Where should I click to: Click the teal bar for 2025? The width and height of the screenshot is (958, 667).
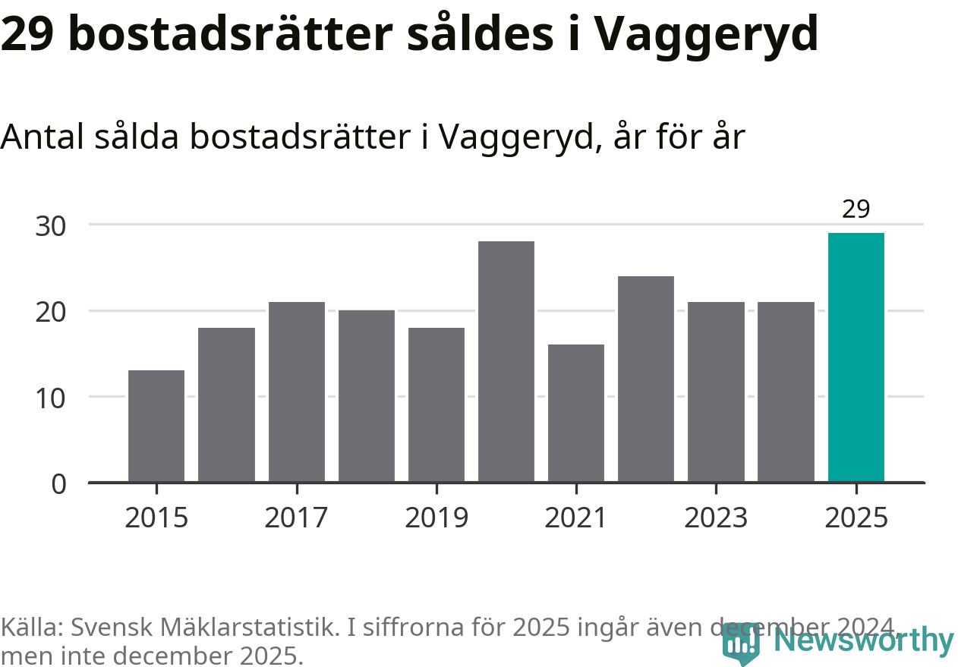point(856,357)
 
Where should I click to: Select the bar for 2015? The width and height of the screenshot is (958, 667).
point(156,426)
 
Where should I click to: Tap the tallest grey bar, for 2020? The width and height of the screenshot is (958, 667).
point(506,361)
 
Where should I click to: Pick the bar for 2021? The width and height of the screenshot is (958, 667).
point(576,413)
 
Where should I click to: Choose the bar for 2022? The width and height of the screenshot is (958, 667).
point(646,379)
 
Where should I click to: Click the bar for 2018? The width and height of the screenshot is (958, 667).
point(367,395)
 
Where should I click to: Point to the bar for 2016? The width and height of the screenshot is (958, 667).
point(226,404)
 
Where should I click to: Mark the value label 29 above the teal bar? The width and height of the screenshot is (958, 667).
point(856,209)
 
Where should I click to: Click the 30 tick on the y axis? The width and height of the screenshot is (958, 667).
point(51,225)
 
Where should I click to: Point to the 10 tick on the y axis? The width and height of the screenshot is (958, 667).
point(51,397)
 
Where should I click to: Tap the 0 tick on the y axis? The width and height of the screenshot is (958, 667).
point(58,483)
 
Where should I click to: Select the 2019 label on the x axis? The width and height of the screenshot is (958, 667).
point(436,518)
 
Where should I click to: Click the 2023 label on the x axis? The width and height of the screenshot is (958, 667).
point(716,518)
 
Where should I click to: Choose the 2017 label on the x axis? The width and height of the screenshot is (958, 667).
point(297,518)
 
